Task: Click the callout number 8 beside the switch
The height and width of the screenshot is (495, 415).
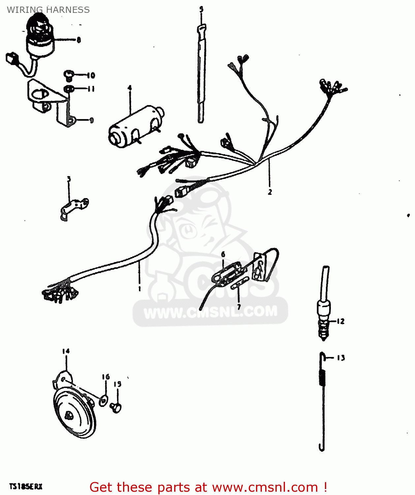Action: point(79,40)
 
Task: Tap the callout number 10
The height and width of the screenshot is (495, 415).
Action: point(91,76)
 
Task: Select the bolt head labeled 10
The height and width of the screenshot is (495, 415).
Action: point(68,75)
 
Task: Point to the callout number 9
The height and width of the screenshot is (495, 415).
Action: point(91,120)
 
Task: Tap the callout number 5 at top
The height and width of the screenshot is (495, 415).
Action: point(201,9)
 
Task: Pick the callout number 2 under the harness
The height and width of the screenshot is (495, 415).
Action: point(270,192)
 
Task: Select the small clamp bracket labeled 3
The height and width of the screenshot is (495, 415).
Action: point(75,208)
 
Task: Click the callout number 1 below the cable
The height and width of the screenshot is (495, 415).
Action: point(140,289)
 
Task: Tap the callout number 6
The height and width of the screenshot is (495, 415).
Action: point(223,254)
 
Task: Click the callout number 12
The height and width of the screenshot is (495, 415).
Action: point(340,321)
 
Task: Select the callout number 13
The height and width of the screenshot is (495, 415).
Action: point(341,358)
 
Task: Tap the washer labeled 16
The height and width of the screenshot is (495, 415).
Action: point(103,401)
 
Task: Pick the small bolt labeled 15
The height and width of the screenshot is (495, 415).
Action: point(116,407)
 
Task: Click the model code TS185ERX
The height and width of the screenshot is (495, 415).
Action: point(26,486)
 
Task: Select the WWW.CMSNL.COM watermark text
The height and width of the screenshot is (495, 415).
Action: point(210,312)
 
